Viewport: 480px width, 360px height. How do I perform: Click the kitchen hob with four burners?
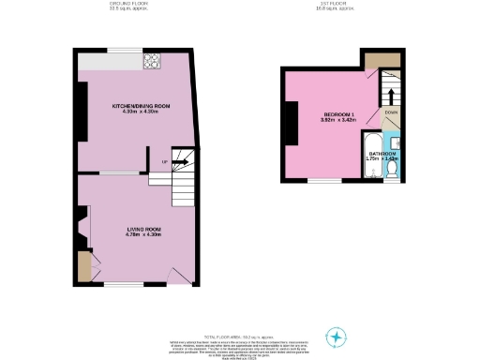(151, 62)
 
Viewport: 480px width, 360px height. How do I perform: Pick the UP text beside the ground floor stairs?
(166, 161)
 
